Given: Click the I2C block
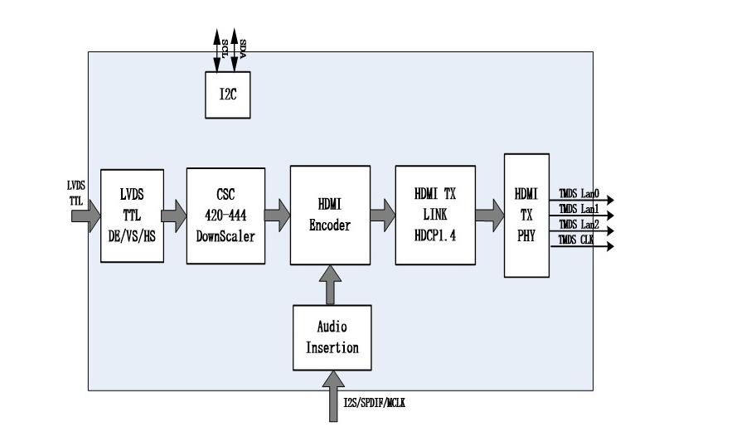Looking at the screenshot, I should pos(228,93).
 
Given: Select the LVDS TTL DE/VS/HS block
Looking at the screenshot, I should pos(132,216).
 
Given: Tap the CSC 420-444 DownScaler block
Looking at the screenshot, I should pos(225,216).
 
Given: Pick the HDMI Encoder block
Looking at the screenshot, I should pos(330,215).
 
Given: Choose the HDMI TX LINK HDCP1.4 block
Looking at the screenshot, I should pos(434,215).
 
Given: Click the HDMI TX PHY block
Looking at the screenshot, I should pos(526,216).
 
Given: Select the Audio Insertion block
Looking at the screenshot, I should pos(332,337).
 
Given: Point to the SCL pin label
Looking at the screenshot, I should pos(225,46).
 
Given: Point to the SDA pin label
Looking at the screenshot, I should pos(242,46).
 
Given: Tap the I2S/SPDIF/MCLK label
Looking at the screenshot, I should pos(374,403).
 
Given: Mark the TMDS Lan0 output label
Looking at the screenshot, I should pos(579,194).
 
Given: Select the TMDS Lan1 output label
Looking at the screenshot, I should pos(579,209).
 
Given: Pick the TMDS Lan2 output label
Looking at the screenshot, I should pos(579,224).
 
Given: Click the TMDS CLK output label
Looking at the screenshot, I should pos(577,240).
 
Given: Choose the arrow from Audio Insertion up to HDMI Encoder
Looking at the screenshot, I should pos(332,284).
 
